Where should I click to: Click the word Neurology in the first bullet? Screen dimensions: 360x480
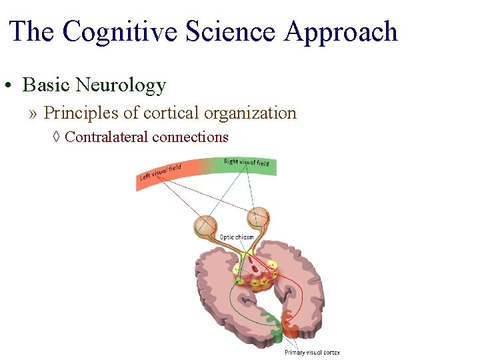(x=121, y=85)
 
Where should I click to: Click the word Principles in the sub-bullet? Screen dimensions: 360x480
(x=81, y=113)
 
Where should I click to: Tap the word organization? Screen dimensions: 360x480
(x=250, y=113)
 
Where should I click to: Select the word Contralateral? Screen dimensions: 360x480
(x=107, y=137)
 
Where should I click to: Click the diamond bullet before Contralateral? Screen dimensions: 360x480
(x=57, y=137)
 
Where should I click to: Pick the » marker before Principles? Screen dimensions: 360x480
(x=33, y=113)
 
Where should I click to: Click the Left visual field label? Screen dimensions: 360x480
(x=160, y=172)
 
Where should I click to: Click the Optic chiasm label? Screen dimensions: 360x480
(x=237, y=237)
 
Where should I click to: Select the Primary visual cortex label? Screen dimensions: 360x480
(x=312, y=352)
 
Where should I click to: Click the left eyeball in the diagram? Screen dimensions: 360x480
(x=205, y=225)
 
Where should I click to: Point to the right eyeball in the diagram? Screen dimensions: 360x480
(x=257, y=217)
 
